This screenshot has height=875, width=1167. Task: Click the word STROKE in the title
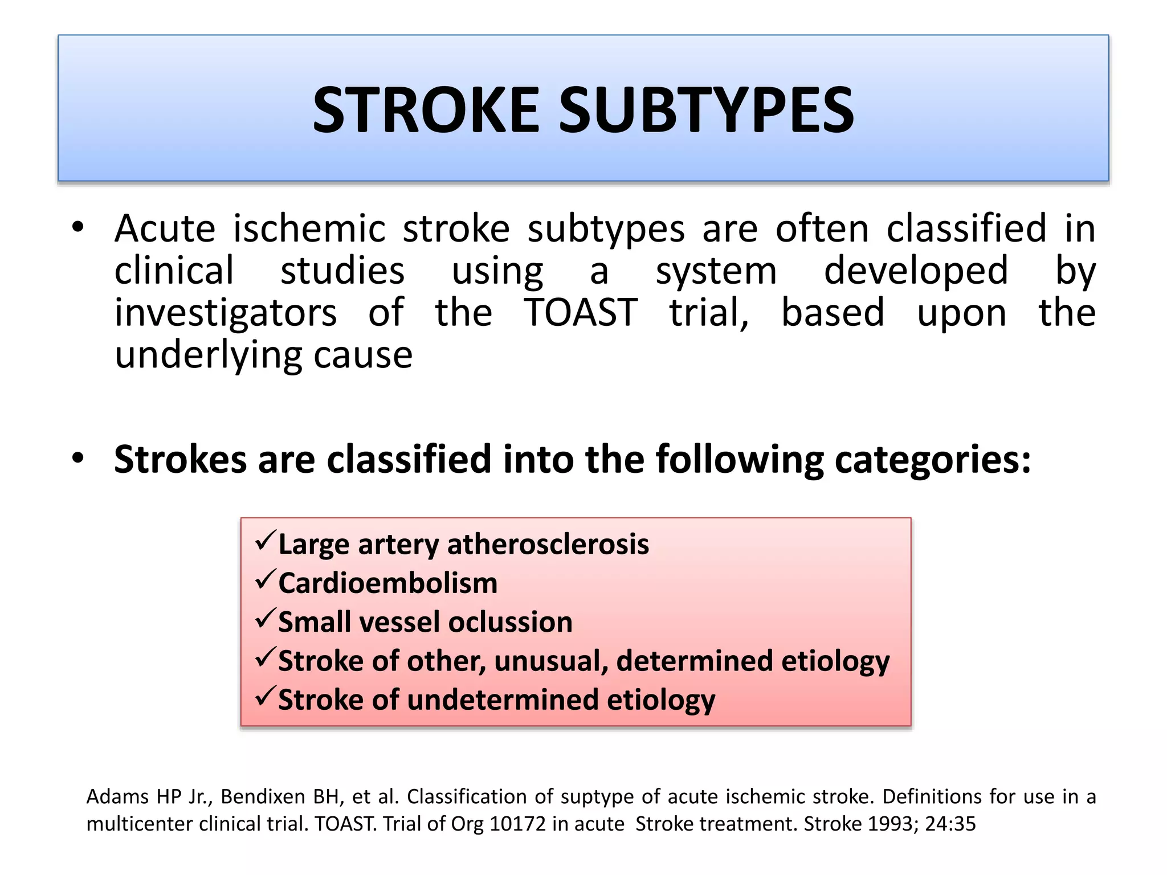tap(426, 110)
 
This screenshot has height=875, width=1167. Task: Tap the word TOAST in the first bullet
tap(581, 313)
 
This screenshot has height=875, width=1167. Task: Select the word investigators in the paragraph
tap(226, 314)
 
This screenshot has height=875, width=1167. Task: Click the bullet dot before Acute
tap(78, 228)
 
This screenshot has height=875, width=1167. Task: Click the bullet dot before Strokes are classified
tap(78, 458)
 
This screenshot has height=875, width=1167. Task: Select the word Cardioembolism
tap(387, 583)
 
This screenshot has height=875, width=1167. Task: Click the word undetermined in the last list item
tap(502, 700)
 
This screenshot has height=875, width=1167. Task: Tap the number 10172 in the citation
tap(517, 824)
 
